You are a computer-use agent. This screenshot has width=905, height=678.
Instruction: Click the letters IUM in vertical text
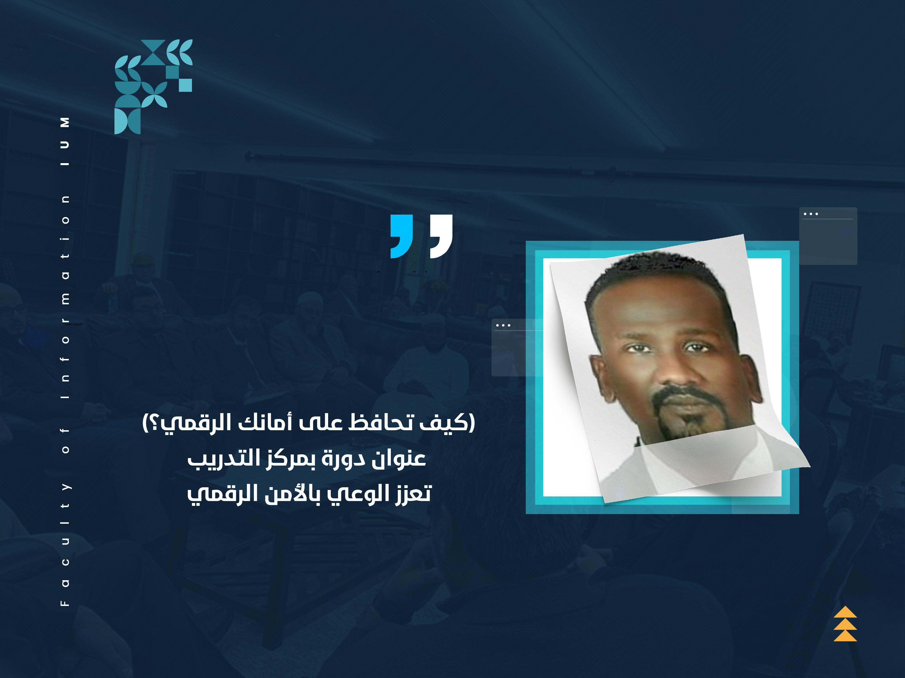click(65, 141)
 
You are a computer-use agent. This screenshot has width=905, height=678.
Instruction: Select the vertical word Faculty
click(65, 544)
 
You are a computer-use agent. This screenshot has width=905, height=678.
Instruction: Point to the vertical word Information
click(65, 297)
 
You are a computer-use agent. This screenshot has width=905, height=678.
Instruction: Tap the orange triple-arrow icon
click(845, 624)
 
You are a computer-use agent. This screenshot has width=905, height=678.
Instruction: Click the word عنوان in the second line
click(399, 458)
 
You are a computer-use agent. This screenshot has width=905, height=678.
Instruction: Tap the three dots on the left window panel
click(503, 325)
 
